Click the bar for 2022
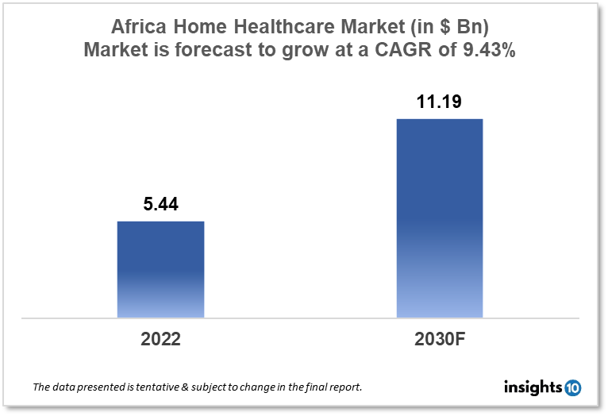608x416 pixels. pyautogui.click(x=160, y=269)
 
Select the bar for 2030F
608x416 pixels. pyautogui.click(x=439, y=218)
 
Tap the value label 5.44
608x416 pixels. pyautogui.click(x=160, y=205)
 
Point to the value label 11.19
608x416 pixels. pyautogui.click(x=439, y=102)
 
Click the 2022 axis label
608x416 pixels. pyautogui.click(x=160, y=339)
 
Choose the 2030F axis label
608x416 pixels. pyautogui.click(x=439, y=339)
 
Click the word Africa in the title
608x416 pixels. pyautogui.click(x=137, y=25)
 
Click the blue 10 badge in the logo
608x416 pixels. pyautogui.click(x=573, y=387)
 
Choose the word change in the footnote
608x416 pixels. pyautogui.click(x=248, y=387)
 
